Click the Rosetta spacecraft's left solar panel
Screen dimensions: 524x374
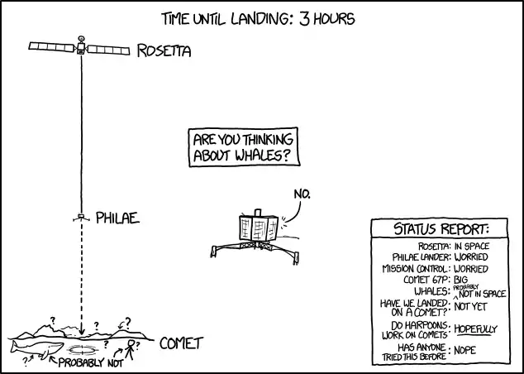click(51, 47)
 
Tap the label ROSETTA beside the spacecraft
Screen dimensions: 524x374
click(164, 50)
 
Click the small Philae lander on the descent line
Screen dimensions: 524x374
click(81, 218)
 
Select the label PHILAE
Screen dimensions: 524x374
click(117, 218)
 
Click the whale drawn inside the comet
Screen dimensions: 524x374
click(36, 349)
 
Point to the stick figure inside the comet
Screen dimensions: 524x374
click(131, 349)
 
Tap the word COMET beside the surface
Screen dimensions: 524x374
click(182, 343)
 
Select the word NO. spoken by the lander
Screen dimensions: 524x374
click(302, 194)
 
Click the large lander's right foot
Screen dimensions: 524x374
click(295, 259)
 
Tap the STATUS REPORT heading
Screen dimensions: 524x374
click(441, 229)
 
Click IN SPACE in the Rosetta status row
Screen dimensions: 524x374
click(472, 247)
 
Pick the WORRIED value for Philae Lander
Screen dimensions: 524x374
click(471, 257)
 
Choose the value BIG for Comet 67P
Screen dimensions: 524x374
click(461, 280)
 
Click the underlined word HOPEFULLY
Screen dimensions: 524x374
click(476, 329)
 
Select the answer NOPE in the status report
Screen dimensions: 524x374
click(465, 350)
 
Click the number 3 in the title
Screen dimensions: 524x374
click(305, 19)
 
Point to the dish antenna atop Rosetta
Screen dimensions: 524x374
click(81, 38)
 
